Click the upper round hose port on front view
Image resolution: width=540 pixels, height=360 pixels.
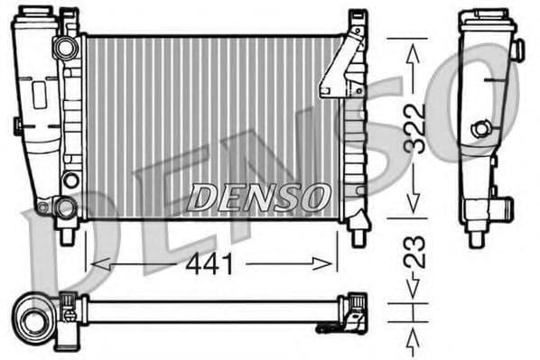64,47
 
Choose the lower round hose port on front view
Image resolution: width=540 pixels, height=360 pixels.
64,209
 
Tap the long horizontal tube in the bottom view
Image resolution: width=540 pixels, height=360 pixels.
208,309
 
